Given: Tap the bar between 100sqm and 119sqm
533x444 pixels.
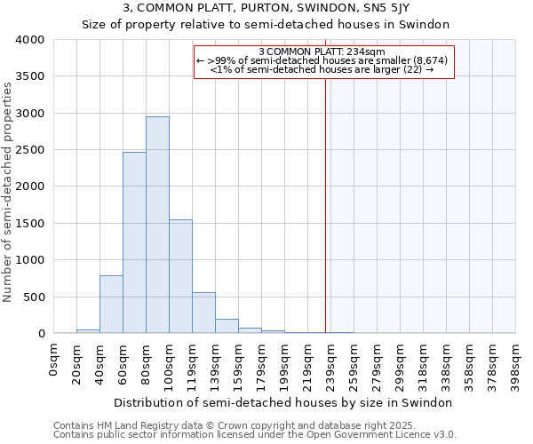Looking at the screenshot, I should tap(180, 276).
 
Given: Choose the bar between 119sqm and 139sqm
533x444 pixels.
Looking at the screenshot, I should tap(203, 313).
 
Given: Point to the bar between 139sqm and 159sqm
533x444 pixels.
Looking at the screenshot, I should tap(227, 326).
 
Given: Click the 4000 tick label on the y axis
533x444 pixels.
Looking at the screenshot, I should tap(29, 40).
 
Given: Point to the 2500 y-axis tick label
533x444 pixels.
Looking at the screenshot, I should tap(29, 150).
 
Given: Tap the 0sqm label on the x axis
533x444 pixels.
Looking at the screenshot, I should tap(54, 359).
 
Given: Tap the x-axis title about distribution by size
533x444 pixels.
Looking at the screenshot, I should tap(284, 402).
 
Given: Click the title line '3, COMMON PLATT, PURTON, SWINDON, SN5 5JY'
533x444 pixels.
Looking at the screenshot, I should tap(266, 8).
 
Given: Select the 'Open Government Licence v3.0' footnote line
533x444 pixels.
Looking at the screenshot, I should tap(255, 435).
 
